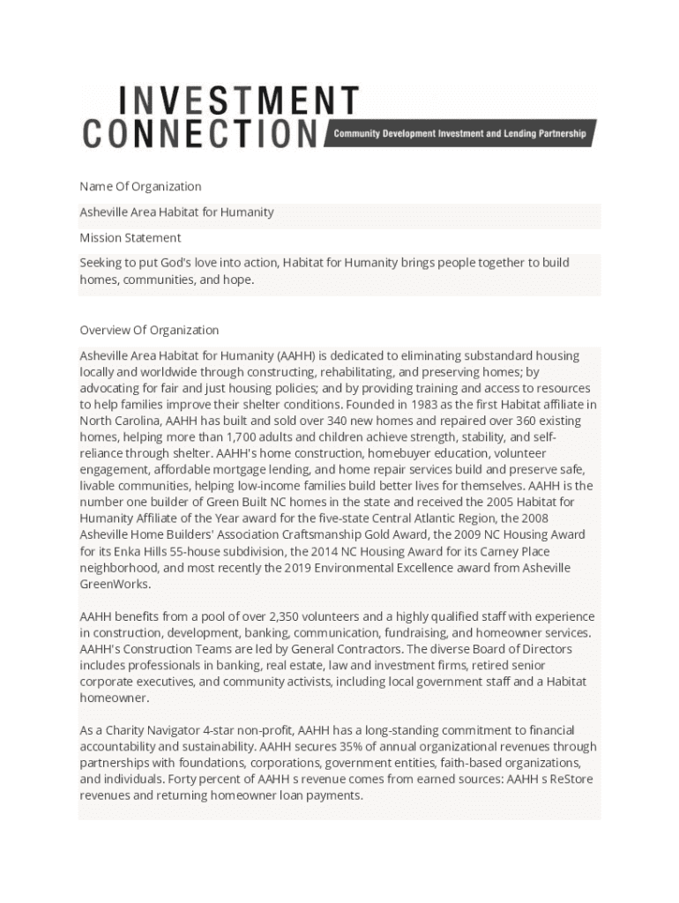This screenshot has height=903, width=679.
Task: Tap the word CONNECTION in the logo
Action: point(200,133)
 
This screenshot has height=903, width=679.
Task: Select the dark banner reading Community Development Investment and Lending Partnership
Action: point(459,134)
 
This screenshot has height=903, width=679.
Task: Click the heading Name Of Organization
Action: point(140,186)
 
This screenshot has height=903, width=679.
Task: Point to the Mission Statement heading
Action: point(131,237)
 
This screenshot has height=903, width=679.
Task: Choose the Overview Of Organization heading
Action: point(149,330)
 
